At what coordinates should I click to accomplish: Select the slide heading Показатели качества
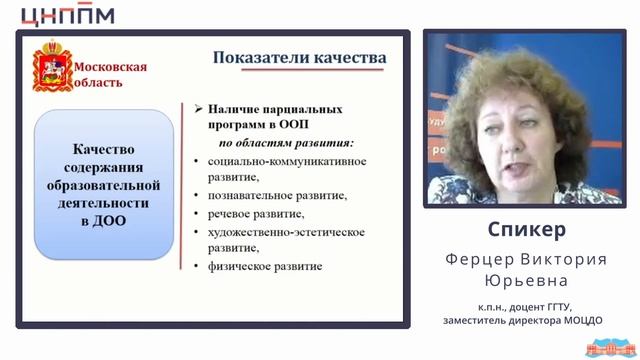[299, 57]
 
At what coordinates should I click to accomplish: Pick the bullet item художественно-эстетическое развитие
[286, 240]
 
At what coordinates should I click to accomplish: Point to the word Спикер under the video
[530, 229]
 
